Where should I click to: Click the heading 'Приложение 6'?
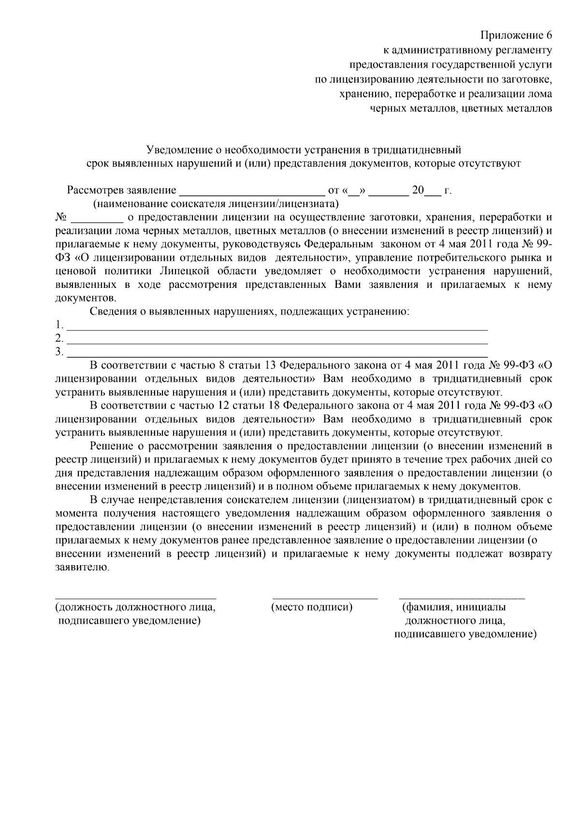click(x=516, y=35)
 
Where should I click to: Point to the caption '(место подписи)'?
click(x=312, y=607)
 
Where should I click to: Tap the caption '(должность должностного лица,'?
click(x=135, y=607)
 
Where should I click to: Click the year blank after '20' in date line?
click(x=432, y=192)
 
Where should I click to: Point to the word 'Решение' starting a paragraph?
click(x=109, y=445)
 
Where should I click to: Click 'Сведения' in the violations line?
click(x=113, y=312)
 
